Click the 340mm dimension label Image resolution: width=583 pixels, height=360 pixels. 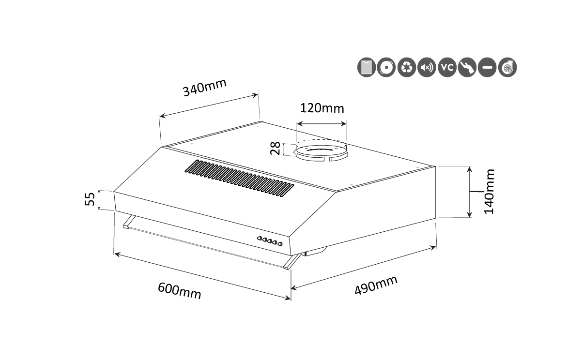(204, 88)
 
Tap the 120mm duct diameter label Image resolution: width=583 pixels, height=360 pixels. (322, 108)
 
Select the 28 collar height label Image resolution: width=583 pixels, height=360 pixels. (275, 148)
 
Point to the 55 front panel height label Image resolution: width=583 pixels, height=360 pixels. (90, 199)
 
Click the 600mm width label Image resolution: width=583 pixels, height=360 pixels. (180, 291)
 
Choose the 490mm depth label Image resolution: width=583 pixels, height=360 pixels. (376, 285)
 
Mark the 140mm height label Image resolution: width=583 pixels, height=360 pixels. (489, 192)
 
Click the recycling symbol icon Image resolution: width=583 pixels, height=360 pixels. (407, 67)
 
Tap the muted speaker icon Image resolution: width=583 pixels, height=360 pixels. (427, 67)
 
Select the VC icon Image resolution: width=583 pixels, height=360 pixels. (447, 67)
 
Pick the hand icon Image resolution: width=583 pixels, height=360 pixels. (467, 67)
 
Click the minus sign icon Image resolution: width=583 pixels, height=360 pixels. (487, 67)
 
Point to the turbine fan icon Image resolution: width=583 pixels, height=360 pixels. (507, 67)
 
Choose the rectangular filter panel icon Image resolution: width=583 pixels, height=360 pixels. (367, 67)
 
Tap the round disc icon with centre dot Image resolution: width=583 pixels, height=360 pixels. (386, 67)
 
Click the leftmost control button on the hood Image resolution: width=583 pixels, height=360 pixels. (260, 238)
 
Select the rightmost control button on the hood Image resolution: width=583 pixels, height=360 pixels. (280, 244)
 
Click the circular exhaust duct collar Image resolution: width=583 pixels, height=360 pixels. (321, 151)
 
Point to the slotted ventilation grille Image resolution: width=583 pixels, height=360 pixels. (239, 178)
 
